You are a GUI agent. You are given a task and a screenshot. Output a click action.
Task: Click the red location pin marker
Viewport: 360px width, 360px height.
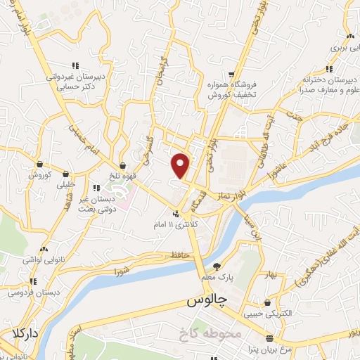(181, 165)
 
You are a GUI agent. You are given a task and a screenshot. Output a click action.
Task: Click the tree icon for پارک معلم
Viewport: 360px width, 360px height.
(217, 266)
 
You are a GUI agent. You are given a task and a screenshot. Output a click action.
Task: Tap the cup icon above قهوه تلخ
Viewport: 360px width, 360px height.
(123, 167)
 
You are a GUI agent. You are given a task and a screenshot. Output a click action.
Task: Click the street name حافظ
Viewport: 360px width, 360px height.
(180, 255)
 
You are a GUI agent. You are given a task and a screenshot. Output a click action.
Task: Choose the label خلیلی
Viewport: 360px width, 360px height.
(65, 186)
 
